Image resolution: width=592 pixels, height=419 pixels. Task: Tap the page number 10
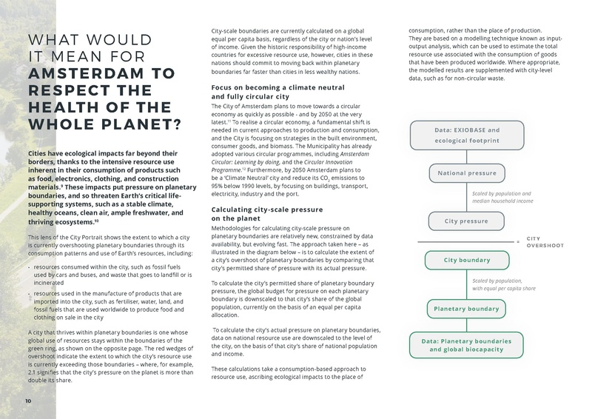[27, 401]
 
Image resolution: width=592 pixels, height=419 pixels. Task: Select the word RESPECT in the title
[62, 92]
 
